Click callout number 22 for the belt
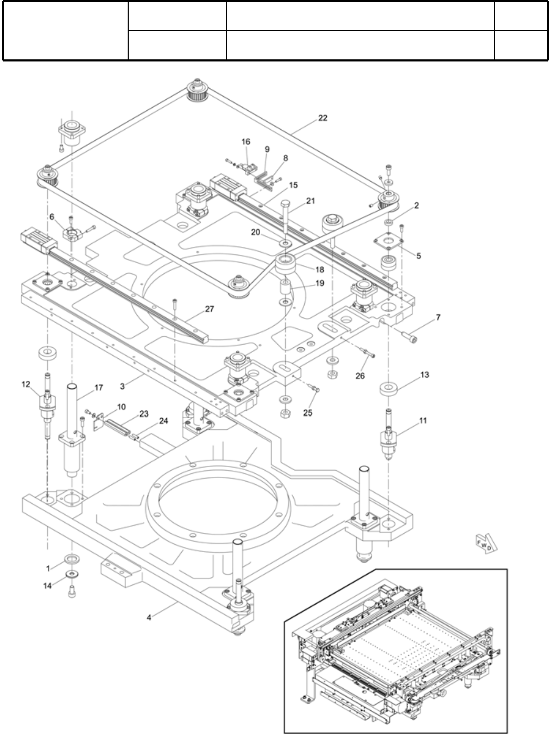323,118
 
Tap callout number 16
246,142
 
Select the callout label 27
210,309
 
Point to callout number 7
438,317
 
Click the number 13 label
424,375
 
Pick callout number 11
423,420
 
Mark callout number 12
26,384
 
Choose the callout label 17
98,388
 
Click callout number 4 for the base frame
149,618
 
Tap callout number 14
48,585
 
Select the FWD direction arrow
484,543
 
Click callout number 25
308,413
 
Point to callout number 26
360,376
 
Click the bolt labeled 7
409,337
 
